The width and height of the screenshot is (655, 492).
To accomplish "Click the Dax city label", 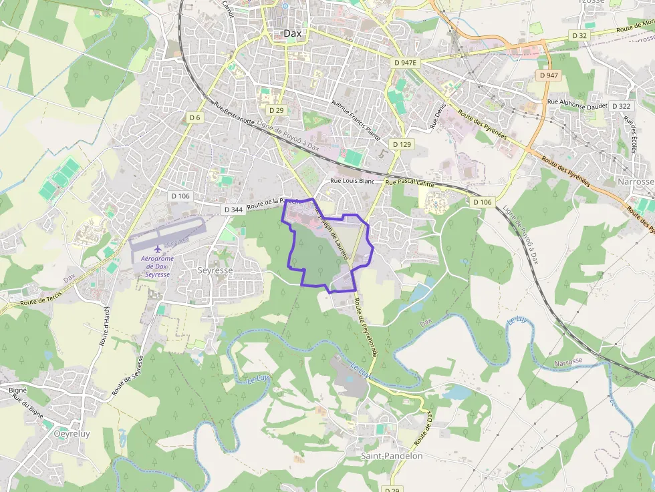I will coord(292,33).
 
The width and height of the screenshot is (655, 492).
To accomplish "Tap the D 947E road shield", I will coord(405,63).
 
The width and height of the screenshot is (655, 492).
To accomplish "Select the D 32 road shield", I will coord(579,35).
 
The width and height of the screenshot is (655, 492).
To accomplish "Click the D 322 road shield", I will coord(620,106).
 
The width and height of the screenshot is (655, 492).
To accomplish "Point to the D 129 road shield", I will coord(402,144).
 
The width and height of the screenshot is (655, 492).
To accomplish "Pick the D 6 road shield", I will coord(194,117).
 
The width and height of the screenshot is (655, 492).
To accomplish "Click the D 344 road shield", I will coord(233,210).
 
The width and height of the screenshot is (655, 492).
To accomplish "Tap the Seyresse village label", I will coord(216,271).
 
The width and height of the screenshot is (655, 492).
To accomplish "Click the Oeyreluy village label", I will coord(71,433).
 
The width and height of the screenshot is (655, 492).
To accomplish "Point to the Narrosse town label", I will coord(636,182).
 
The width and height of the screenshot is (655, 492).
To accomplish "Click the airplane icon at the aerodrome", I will coord(158,250).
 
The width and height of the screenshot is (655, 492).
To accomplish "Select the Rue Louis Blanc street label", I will coord(353,181).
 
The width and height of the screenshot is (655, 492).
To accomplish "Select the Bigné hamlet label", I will coord(17,389).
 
